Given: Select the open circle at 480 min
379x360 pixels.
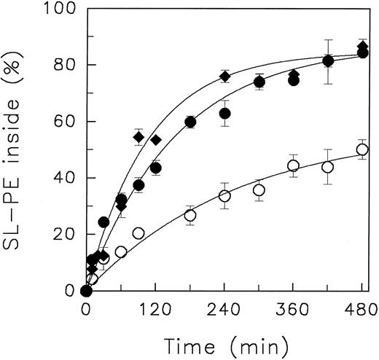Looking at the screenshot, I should click(x=362, y=149).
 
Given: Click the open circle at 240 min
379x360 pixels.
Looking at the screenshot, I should click(x=224, y=196).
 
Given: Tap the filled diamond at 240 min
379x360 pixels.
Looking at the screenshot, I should click(x=224, y=77).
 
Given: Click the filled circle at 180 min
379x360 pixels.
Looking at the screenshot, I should click(x=190, y=122).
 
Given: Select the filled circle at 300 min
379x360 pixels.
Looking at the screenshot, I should click(x=259, y=82).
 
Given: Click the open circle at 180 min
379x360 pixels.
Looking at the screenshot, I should click(x=190, y=215).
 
